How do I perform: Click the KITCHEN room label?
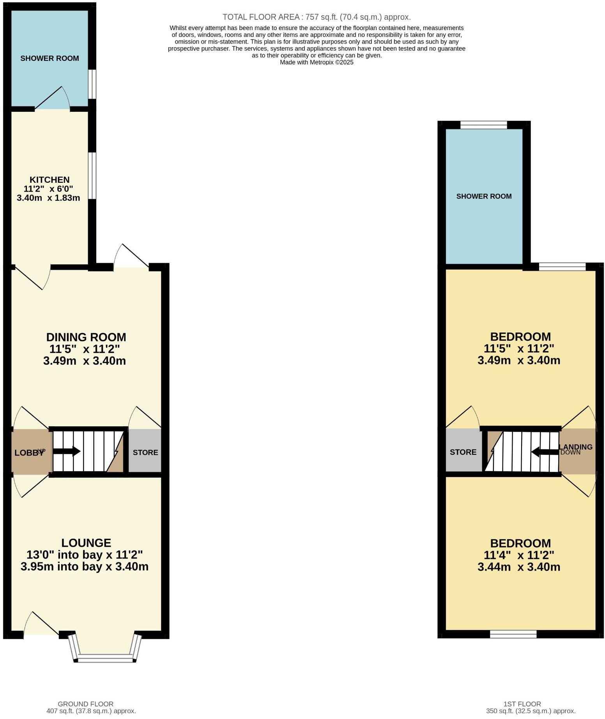[50, 180]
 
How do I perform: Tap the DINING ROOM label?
[86, 337]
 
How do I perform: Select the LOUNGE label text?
[86, 543]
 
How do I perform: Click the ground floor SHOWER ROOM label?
[50, 58]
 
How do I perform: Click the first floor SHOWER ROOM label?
[484, 196]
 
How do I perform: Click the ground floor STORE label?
[145, 452]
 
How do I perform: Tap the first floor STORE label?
[463, 452]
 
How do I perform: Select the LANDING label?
[576, 447]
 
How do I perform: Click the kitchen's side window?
[92, 175]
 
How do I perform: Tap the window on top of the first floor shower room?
[484, 125]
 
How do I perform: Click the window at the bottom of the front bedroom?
[513, 634]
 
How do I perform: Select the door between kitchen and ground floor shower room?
[53, 99]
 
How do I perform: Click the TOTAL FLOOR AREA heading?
[317, 17]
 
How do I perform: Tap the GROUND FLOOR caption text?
[86, 704]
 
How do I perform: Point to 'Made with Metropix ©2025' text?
[317, 62]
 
